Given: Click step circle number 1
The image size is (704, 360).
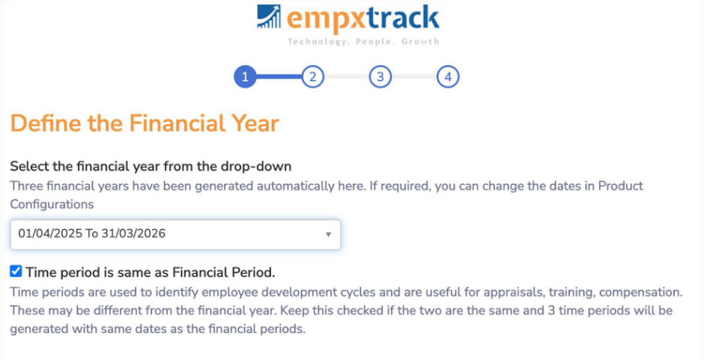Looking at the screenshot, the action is pos(245,77).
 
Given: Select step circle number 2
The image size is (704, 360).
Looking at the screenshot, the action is pos(312,77).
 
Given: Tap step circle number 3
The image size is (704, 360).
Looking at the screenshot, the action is pos(380,77).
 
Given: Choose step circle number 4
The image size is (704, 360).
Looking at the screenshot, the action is pos(448,77).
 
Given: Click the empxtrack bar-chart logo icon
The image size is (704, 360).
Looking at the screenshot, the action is pos(269,16).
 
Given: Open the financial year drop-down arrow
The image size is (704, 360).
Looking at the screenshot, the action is pos(328,234).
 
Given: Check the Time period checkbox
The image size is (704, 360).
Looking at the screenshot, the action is pos(16,271).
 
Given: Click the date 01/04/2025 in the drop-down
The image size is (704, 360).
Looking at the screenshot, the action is pos(50,234).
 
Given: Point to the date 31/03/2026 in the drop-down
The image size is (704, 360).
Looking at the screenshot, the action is pos(133,234).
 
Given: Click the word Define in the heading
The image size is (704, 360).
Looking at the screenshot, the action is pos(45,123).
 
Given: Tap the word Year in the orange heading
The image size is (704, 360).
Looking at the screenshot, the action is pos(258,123).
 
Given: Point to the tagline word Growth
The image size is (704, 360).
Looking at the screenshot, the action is pos(420,42).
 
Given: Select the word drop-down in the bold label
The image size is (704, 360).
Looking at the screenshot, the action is pos(256,167).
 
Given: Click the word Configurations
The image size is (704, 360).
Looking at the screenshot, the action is pos(52,204).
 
